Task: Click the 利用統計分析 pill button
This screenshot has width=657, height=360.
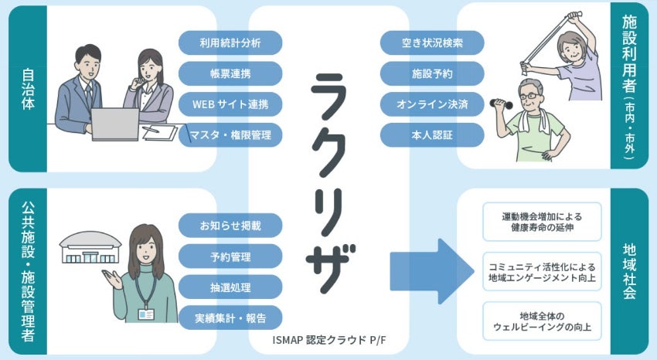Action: point(230,42)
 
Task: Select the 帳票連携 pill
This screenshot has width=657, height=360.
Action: point(230,73)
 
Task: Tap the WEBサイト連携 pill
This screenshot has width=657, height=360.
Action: point(230,104)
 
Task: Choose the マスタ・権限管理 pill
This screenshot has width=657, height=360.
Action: point(230,135)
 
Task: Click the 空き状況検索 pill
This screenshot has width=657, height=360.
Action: point(432,42)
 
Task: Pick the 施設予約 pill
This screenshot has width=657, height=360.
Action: point(432,73)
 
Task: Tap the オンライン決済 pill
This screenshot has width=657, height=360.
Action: point(432,104)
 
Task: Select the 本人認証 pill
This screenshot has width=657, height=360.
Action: point(432,135)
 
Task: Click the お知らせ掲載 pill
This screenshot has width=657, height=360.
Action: point(230,226)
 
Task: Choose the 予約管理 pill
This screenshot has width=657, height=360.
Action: point(230,256)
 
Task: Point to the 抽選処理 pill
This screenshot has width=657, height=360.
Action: point(230,286)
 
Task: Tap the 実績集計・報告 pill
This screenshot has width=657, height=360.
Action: point(230,317)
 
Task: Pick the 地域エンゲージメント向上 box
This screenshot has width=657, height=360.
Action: point(541,271)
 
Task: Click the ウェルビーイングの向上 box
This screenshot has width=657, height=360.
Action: point(541,321)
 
